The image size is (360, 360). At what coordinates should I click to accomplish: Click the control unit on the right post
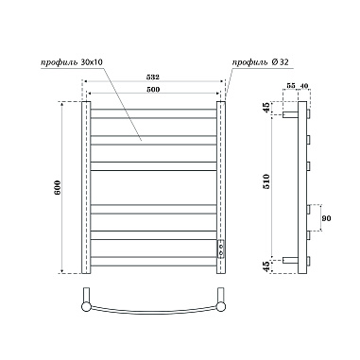(x=222, y=249)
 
